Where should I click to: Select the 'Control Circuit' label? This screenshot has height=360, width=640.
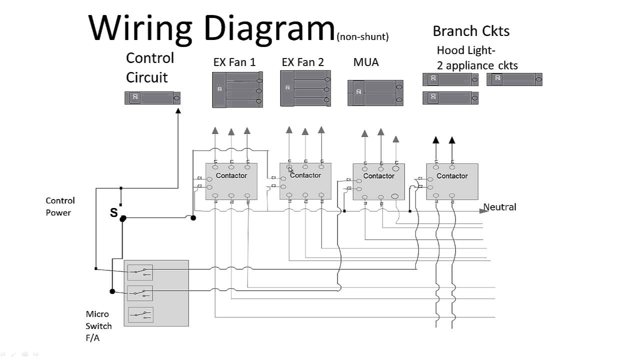click(149, 67)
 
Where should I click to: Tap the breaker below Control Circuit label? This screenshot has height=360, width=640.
click(152, 98)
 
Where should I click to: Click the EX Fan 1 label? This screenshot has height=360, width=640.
click(234, 62)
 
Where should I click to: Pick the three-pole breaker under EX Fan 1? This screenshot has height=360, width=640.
click(237, 90)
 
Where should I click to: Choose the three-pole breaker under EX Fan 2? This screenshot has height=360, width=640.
click(305, 88)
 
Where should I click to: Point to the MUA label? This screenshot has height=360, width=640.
click(366, 62)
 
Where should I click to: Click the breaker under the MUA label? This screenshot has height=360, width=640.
click(375, 92)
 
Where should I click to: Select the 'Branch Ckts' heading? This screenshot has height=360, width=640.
click(470, 31)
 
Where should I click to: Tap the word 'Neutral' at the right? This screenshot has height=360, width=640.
click(499, 207)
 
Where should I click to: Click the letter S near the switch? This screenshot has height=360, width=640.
click(113, 213)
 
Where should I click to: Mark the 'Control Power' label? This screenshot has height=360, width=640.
click(60, 206)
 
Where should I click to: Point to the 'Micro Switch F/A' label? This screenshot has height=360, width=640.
click(98, 326)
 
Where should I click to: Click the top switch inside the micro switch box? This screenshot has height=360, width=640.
click(140, 272)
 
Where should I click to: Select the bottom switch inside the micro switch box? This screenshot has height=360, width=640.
click(140, 315)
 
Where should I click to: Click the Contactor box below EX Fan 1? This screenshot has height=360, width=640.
click(231, 181)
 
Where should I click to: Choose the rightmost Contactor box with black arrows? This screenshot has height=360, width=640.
click(452, 181)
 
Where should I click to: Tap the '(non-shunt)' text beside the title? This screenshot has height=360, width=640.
click(362, 36)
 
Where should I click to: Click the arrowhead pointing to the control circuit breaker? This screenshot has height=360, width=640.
click(178, 111)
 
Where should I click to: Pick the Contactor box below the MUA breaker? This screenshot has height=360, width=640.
click(378, 181)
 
